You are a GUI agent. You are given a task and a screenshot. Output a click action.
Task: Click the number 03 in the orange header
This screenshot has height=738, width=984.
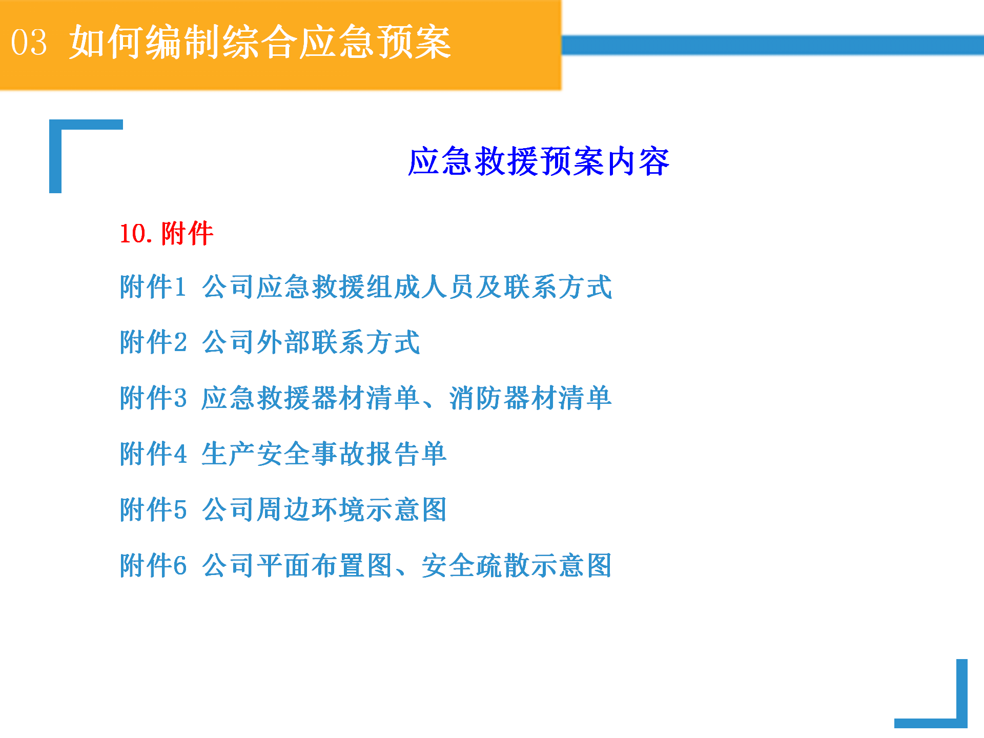click(x=29, y=42)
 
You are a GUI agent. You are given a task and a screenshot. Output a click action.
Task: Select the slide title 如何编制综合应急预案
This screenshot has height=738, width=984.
click(x=260, y=42)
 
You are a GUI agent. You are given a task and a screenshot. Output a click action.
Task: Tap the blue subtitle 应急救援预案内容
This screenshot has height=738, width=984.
click(x=539, y=161)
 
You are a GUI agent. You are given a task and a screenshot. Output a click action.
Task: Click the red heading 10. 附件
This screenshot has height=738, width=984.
click(x=167, y=233)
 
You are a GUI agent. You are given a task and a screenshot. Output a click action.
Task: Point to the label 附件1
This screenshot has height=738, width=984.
click(x=153, y=286)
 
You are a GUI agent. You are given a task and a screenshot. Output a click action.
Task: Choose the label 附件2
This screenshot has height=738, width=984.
click(x=153, y=342)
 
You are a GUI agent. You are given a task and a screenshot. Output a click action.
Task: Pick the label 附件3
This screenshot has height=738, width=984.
click(x=153, y=398)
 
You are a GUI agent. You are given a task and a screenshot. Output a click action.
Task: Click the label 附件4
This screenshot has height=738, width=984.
click(x=153, y=454)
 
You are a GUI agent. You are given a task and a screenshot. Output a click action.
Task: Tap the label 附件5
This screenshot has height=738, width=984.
click(x=153, y=509)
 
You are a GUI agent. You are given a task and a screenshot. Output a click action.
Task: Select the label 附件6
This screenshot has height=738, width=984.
click(x=153, y=565)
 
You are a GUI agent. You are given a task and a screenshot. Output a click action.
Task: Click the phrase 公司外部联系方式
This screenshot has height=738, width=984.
click(x=311, y=342)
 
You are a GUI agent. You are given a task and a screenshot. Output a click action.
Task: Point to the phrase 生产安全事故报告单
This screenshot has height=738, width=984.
click(x=324, y=454)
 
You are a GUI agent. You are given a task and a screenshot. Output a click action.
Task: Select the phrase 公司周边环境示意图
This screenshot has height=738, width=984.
click(x=324, y=509)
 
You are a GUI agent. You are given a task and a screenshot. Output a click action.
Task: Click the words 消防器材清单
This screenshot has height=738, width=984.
click(x=530, y=398)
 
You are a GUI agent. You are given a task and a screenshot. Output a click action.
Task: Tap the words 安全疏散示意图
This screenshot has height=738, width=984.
click(x=517, y=565)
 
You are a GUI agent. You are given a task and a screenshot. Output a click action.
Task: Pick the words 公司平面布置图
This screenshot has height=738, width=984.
click(x=297, y=565)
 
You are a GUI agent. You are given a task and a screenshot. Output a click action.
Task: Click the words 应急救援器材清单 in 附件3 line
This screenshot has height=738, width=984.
click(x=311, y=398)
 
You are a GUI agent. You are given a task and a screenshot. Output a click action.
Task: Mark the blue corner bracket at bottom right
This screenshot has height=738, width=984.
click(x=961, y=717)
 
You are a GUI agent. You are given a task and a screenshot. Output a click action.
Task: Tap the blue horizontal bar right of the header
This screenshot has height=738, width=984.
click(x=773, y=45)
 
